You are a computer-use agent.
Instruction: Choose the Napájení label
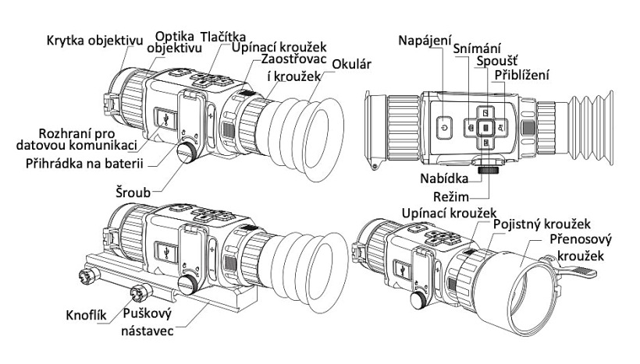click(424, 40)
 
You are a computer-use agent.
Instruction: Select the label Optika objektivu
click(176, 41)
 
